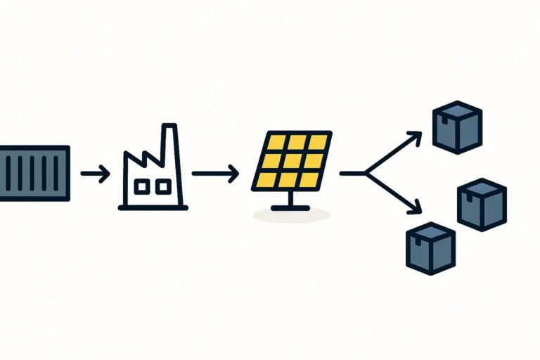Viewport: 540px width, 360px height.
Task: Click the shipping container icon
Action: [34, 173]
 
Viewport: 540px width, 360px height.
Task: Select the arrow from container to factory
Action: [95, 173]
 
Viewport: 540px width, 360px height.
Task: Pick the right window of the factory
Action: [162, 186]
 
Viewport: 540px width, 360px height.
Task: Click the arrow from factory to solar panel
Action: [214, 173]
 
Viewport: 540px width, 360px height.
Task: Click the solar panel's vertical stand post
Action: [292, 198]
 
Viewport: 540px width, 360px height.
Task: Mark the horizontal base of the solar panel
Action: [292, 207]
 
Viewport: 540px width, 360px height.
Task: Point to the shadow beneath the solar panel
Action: [292, 216]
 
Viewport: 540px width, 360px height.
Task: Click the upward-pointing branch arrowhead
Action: [417, 135]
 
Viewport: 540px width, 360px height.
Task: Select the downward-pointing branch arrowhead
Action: [417, 209]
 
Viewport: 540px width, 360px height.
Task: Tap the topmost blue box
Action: [457, 127]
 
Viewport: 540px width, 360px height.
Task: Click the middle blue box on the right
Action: [482, 204]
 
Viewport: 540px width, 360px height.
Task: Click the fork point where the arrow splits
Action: [366, 173]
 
